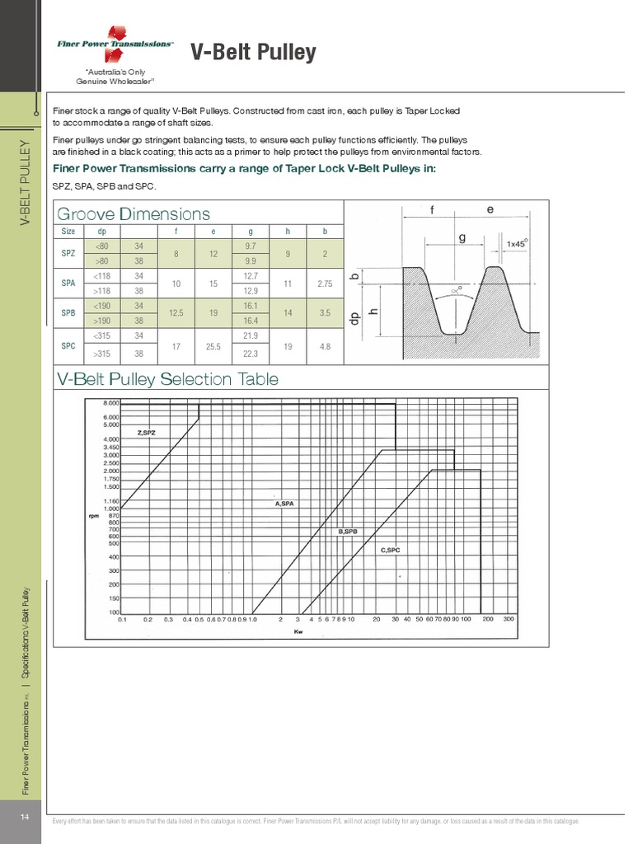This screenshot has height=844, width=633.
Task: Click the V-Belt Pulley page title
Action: pos(253,53)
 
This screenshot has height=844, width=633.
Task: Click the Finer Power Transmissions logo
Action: pos(115,42)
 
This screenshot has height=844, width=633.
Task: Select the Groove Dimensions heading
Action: pos(133,214)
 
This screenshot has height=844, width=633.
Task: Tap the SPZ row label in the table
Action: pos(68,254)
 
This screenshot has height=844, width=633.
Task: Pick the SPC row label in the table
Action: pos(68,346)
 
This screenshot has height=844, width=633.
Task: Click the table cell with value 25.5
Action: pos(213,346)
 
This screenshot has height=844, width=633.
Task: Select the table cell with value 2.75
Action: pos(326,284)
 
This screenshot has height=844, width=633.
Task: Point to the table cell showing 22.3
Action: pos(251,354)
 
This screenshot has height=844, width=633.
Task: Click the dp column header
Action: pos(102,232)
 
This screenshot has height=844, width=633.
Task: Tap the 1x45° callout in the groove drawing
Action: pos(517,243)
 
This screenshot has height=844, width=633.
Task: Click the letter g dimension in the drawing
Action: pos(462,237)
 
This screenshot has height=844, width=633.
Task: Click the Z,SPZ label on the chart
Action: pos(146,432)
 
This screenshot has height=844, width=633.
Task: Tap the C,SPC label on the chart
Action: pos(390,548)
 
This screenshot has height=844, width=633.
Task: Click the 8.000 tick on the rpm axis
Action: pos(110,403)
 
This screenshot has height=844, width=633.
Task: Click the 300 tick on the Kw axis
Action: pos(509,618)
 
